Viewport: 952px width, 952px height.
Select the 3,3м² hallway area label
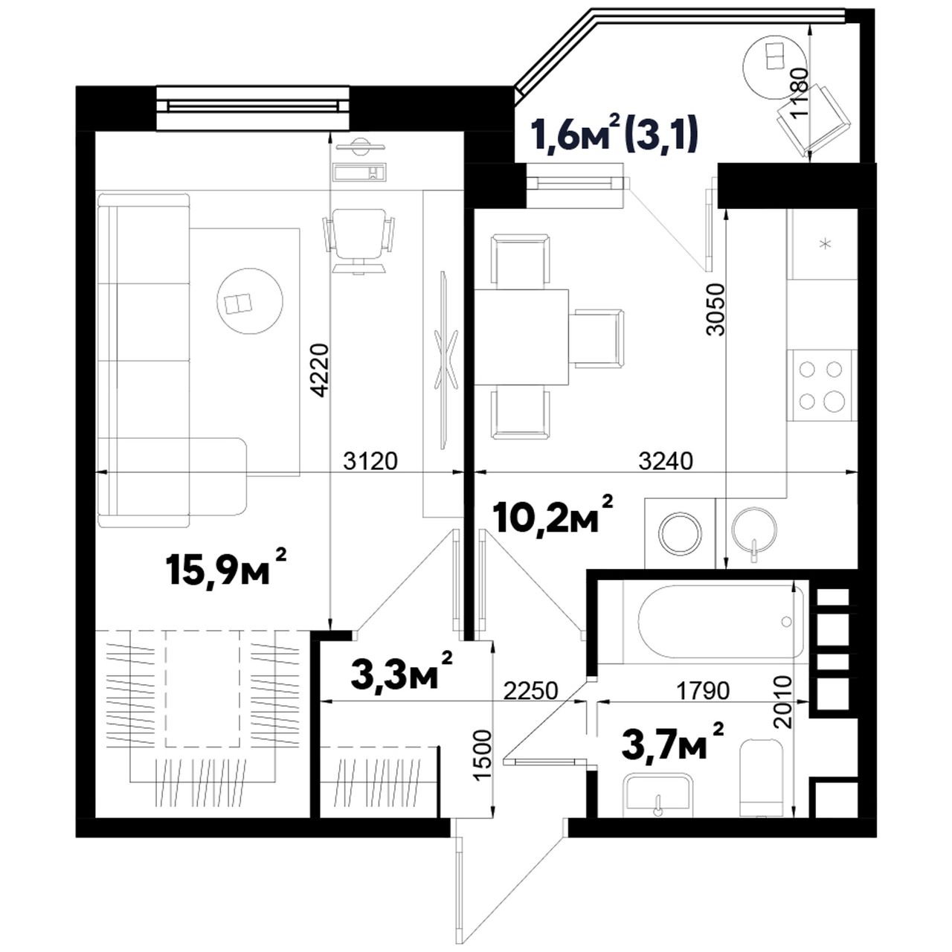(401, 671)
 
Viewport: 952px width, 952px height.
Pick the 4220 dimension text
(320, 370)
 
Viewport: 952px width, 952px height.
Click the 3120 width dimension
(370, 461)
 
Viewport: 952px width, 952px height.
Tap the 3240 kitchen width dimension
(666, 461)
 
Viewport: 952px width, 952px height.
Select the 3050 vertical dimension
(715, 309)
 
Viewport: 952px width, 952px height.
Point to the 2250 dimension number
(530, 691)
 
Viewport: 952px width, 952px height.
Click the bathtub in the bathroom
(721, 621)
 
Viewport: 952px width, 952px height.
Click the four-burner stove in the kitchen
(821, 385)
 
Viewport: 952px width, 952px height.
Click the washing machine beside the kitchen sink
(681, 533)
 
